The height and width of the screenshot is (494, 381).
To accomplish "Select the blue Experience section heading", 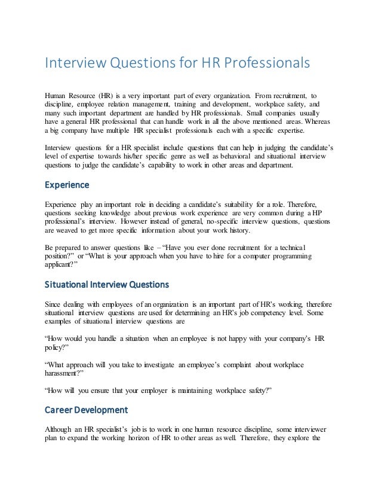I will point(67,185).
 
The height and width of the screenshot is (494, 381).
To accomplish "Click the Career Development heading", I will point(87,410).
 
